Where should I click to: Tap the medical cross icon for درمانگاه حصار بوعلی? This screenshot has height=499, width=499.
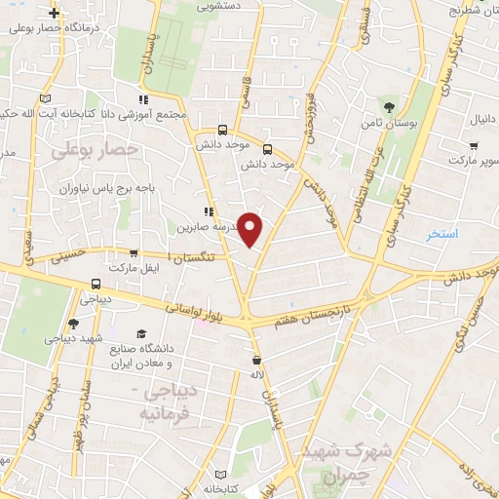[x=54, y=15]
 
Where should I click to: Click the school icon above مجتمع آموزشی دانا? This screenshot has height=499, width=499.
[x=144, y=99]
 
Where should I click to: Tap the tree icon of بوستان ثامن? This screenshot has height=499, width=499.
[x=390, y=106]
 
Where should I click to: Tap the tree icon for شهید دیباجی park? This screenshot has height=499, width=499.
[x=73, y=324]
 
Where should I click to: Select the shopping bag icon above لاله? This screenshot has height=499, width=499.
[x=255, y=358]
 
